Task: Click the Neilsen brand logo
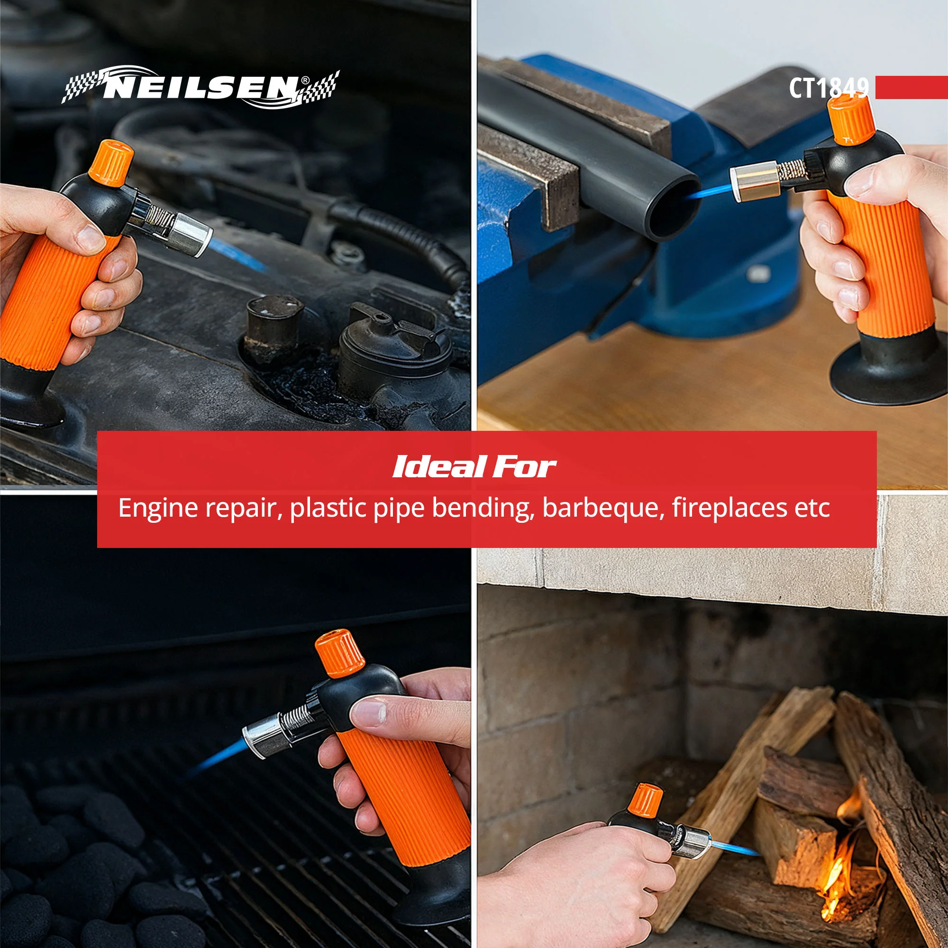point(200,87)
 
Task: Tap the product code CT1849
point(829,88)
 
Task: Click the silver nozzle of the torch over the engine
point(191,235)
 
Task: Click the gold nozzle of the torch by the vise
point(755,182)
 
